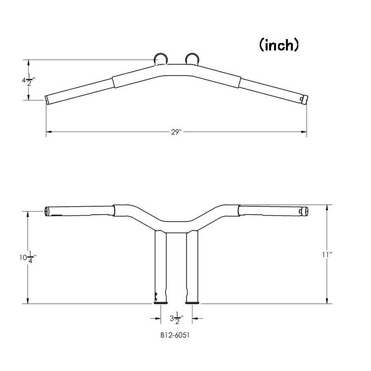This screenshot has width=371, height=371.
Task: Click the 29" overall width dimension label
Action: click(x=176, y=132)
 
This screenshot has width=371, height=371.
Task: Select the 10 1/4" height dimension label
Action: click(x=28, y=257)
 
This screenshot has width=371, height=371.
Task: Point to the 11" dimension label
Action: click(x=327, y=255)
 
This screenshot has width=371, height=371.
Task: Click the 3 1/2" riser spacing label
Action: click(x=177, y=318)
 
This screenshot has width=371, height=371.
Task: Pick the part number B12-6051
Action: click(x=175, y=335)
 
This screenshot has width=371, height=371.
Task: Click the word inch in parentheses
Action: click(x=279, y=45)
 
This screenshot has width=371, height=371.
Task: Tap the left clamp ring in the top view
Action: click(x=161, y=58)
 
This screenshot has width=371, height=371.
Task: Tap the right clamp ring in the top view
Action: click(x=192, y=58)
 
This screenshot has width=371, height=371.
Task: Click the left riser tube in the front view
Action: click(x=161, y=267)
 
